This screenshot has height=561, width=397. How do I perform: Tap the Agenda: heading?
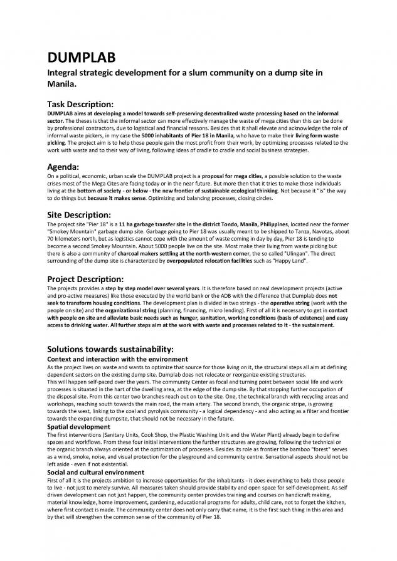pyautogui.click(x=66, y=167)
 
